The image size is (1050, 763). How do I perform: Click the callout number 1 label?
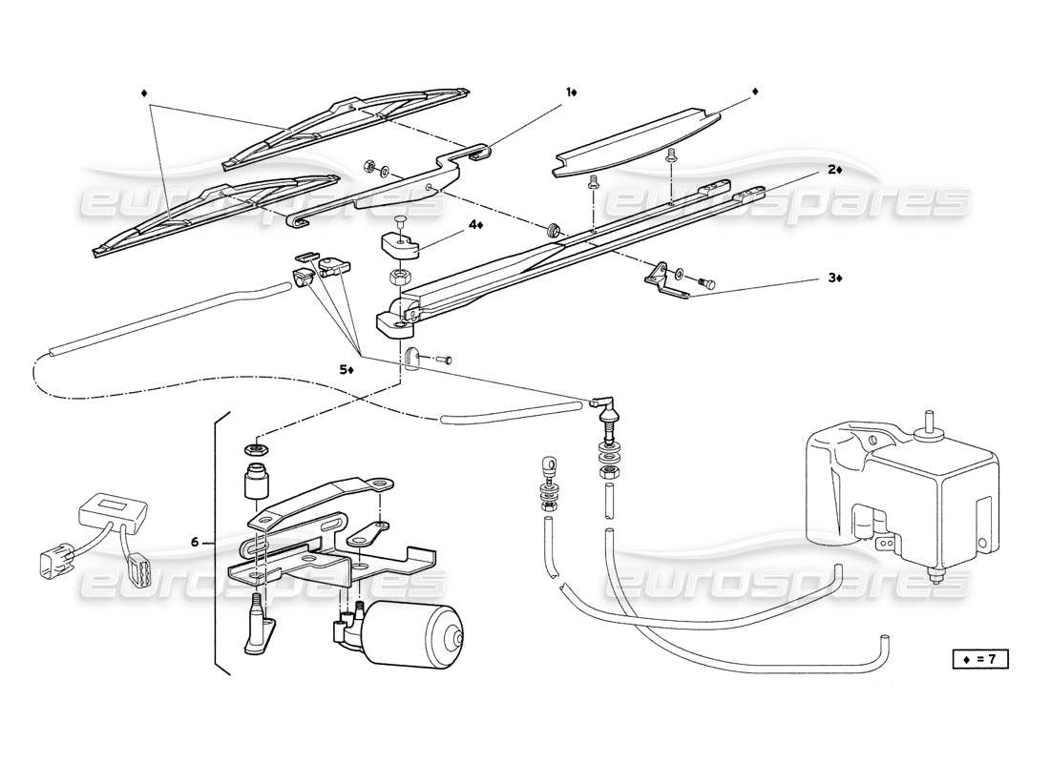571,93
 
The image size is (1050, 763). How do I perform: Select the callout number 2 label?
833,169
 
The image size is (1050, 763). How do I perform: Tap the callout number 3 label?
833,278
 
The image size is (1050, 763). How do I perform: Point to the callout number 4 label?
474,225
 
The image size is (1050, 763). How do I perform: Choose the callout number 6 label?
195,542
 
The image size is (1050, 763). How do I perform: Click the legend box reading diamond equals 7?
978,658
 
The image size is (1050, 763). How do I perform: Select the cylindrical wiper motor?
417,633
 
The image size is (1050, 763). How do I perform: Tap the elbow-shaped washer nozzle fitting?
601,408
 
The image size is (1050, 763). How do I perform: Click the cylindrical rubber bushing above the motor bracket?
254,482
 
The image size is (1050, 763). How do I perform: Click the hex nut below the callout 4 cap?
399,278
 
